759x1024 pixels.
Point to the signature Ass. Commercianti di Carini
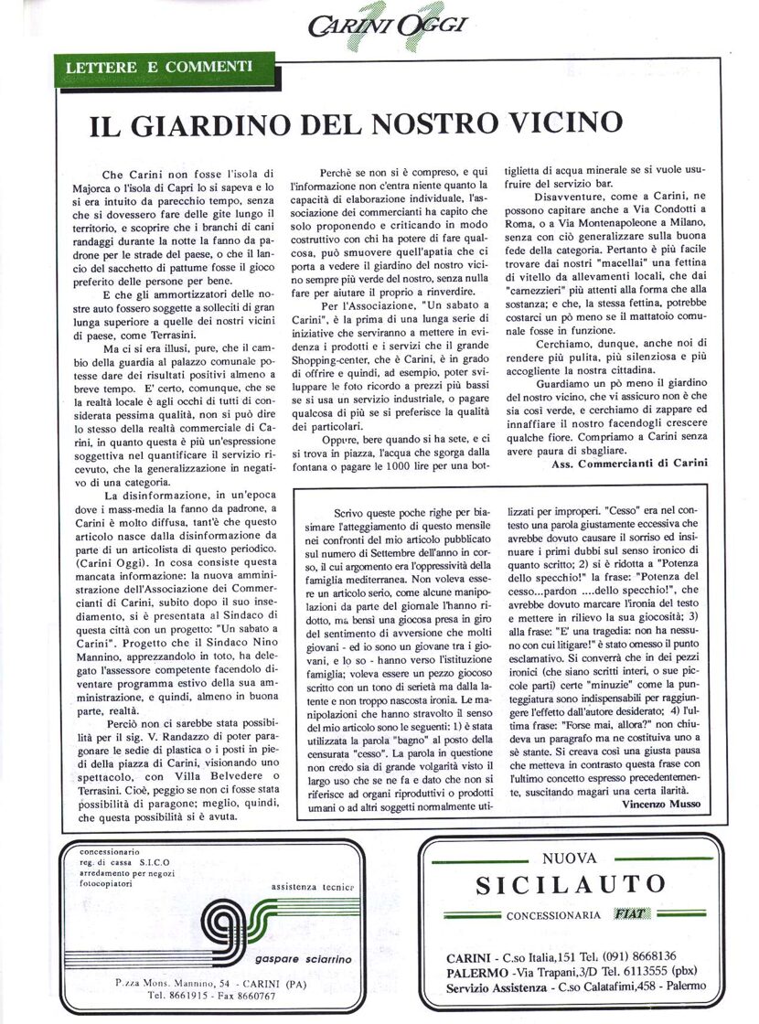tap(630, 464)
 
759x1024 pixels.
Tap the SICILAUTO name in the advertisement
tap(570, 884)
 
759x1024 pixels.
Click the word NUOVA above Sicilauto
tap(569, 858)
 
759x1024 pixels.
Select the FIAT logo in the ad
tap(633, 914)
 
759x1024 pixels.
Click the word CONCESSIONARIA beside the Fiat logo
tap(551, 915)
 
